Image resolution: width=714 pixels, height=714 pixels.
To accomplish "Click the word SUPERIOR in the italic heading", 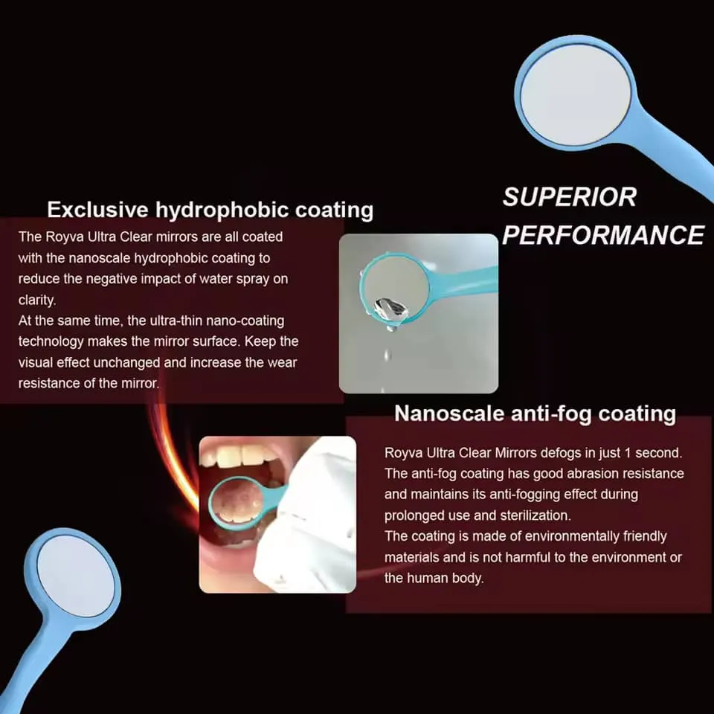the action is click(569, 197).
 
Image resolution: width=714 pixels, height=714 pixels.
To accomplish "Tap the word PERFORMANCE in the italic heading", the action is click(603, 235).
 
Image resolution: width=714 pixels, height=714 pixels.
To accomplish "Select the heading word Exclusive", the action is click(97, 210).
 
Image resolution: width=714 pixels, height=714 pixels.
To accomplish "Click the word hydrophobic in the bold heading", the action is click(222, 210).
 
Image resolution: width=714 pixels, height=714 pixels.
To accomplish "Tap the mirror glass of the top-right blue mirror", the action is click(575, 94).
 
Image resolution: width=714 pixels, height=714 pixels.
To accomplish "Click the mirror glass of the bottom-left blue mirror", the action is click(76, 576).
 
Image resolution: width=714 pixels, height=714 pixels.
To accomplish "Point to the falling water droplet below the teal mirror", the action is click(387, 354).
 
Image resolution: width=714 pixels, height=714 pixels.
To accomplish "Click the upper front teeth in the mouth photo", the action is click(241, 455).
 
